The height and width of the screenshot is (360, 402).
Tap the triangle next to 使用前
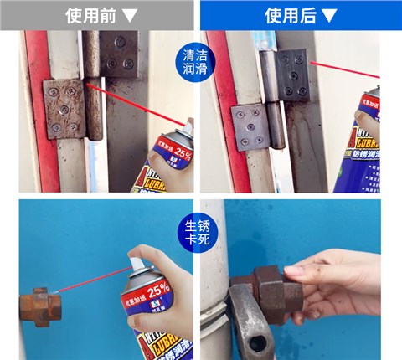(129, 15)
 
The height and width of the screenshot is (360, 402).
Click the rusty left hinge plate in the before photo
(65, 108)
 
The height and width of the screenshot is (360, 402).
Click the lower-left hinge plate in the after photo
(250, 126)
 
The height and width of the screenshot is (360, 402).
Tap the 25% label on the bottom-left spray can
(157, 291)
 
